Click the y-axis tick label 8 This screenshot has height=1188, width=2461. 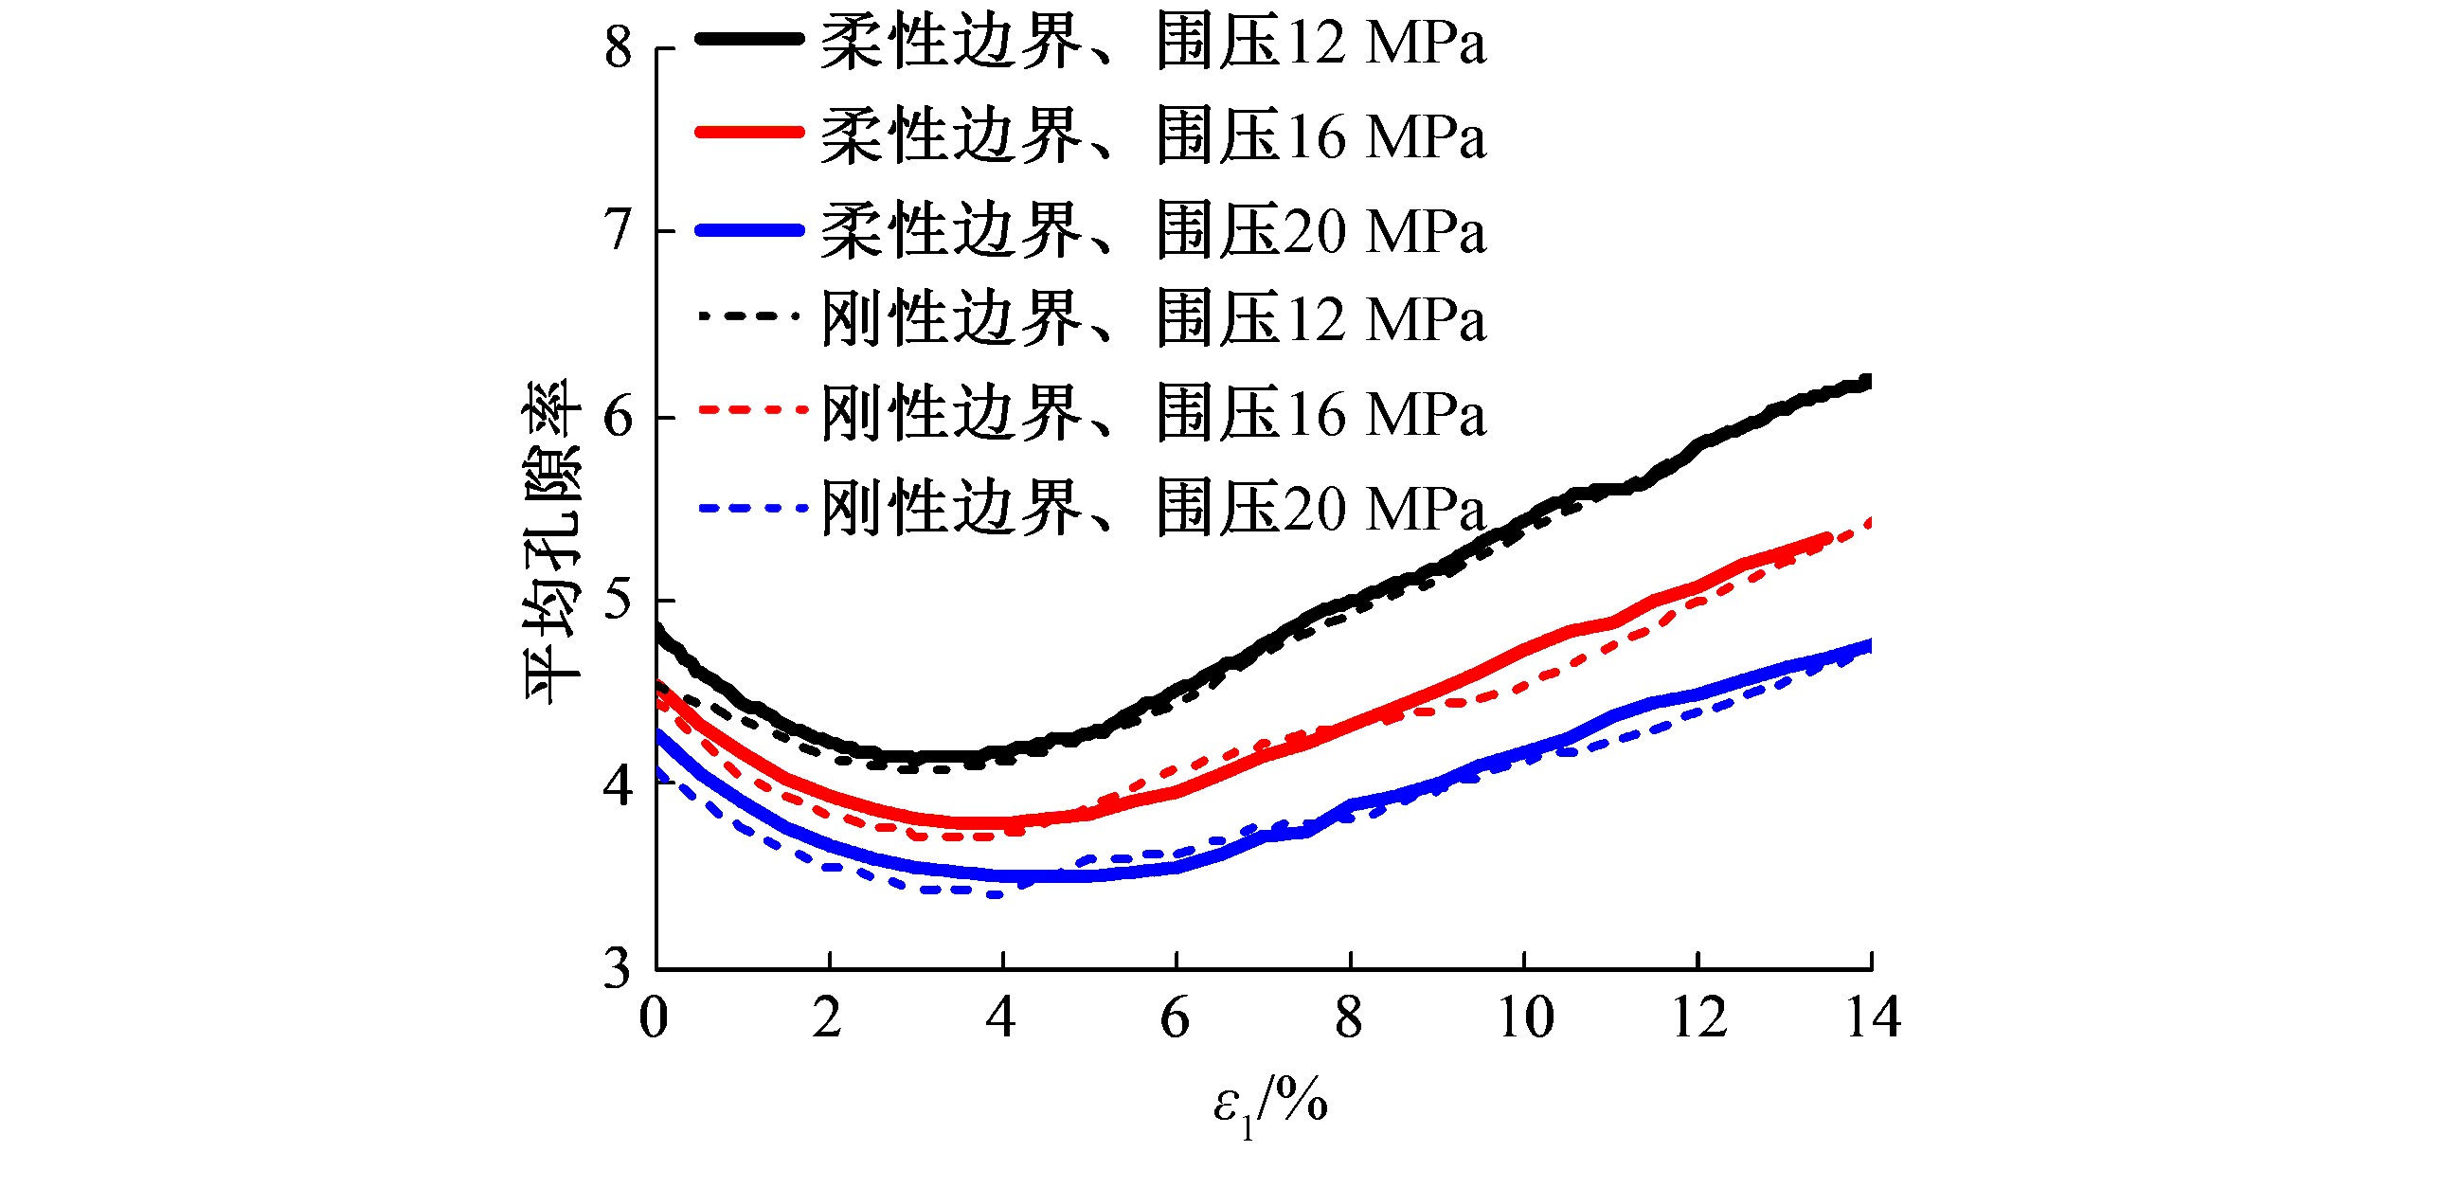(x=619, y=46)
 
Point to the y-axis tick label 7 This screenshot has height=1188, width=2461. (x=619, y=230)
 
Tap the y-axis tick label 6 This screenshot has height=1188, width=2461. (x=619, y=417)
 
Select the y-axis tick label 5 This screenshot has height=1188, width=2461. (x=619, y=601)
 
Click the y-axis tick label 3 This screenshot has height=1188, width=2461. (x=619, y=968)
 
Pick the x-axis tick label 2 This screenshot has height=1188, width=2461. (x=828, y=1017)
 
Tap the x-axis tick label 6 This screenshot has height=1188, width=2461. (x=1176, y=1017)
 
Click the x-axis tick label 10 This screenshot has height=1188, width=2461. (x=1525, y=1017)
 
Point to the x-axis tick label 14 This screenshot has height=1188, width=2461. (x=1873, y=1017)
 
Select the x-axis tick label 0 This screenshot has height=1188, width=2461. (x=655, y=1017)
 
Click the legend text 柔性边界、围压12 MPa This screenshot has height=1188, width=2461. (x=1153, y=43)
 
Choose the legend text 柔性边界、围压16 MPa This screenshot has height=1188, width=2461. (x=1153, y=135)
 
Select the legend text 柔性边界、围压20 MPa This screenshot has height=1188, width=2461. (x=1153, y=230)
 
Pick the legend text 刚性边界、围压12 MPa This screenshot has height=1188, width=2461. (x=1153, y=318)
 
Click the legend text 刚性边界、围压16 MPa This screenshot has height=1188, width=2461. (x=1153, y=413)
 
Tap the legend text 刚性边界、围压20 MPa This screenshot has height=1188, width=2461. (x=1153, y=508)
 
